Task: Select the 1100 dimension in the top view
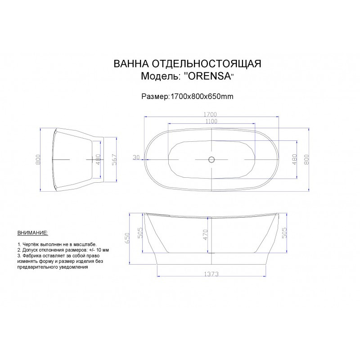211,121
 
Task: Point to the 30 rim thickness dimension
136,157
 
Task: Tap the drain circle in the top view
211,159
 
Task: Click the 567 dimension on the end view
114,159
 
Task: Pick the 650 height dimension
127,238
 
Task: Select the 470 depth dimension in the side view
205,234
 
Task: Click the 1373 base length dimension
211,274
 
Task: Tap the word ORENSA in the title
209,76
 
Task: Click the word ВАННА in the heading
131,63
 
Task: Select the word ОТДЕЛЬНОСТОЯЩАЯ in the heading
207,63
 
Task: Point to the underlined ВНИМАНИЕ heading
32,233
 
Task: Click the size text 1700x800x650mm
201,96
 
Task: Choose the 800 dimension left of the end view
38,159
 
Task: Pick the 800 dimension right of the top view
307,159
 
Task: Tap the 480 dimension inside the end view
98,159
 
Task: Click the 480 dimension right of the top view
294,159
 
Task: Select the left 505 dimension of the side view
139,233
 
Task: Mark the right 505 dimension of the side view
284,233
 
